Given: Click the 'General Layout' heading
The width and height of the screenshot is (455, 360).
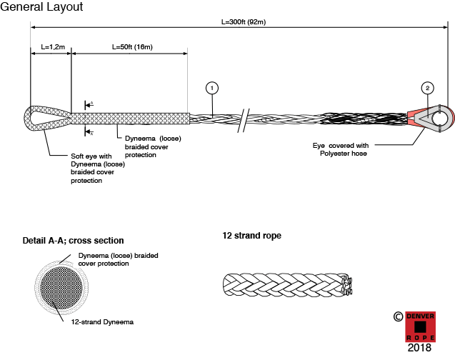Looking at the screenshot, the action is (x=41, y=7).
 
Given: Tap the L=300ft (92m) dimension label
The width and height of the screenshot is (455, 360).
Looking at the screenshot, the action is (x=244, y=21).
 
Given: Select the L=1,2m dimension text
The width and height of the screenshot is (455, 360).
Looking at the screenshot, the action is (x=53, y=46).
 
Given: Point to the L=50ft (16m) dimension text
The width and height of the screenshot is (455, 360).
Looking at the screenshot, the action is (x=132, y=46).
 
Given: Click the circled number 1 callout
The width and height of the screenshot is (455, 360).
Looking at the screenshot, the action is (x=212, y=88).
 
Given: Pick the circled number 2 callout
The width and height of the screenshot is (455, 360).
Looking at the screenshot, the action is (x=427, y=88).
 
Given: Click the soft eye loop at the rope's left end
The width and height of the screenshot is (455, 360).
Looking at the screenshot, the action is (x=29, y=119).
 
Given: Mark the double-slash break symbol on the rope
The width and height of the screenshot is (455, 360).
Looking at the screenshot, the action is (x=244, y=121).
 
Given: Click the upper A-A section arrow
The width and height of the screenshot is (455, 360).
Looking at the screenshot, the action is (x=89, y=105).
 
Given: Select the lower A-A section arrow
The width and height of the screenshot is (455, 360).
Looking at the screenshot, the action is (x=89, y=132).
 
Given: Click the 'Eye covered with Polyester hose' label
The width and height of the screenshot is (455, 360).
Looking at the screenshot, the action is (x=341, y=149).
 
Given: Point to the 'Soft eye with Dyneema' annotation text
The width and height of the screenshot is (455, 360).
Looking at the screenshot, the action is (x=98, y=169).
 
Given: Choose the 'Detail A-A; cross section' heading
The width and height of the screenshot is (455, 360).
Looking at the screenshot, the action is (x=73, y=241).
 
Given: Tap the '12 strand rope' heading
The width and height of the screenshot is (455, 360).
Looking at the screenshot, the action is (x=252, y=236).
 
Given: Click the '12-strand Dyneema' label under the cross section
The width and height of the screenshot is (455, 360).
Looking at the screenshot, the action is (x=102, y=322).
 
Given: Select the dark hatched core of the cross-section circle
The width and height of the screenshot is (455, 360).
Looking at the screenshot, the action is (x=61, y=288).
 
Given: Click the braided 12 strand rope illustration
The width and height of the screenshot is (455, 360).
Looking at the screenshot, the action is (x=287, y=285).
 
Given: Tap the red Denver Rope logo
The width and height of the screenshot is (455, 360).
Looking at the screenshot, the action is (x=420, y=327).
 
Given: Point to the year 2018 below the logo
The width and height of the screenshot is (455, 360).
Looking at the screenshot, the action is (x=419, y=348).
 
